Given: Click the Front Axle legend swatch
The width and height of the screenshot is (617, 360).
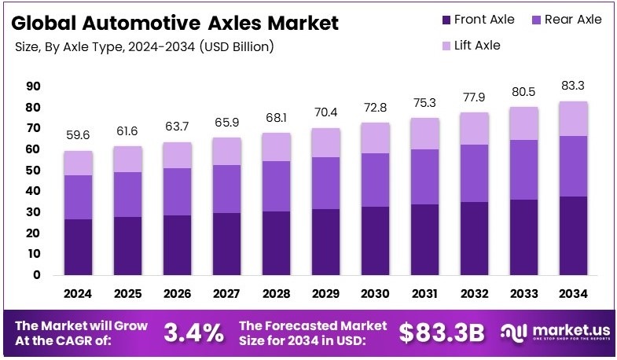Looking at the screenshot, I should tap(446, 20).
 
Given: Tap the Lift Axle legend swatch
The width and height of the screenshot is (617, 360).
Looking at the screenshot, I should tap(446, 46).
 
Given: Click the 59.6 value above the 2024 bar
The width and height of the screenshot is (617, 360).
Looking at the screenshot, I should tap(79, 135).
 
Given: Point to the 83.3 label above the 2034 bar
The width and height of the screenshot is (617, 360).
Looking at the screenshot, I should tap(573, 85).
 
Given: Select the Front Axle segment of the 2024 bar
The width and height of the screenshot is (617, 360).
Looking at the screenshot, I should tap(79, 247).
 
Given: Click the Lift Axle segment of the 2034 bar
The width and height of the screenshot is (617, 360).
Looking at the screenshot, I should tap(573, 119).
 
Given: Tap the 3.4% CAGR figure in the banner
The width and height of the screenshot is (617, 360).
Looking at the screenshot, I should tap(193, 332).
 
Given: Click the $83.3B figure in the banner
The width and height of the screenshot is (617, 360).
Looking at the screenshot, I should tap(440, 332).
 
